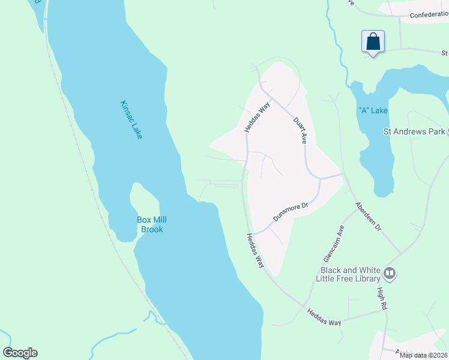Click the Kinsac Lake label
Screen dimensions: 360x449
131,119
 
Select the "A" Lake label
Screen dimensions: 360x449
373,110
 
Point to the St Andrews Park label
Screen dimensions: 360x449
414,131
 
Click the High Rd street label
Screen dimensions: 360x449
381,298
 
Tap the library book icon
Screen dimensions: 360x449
390,274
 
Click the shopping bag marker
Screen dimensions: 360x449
373,42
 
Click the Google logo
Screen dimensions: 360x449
20,353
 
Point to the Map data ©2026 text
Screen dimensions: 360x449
423,355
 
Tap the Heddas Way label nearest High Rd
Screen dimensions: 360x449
324,317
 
